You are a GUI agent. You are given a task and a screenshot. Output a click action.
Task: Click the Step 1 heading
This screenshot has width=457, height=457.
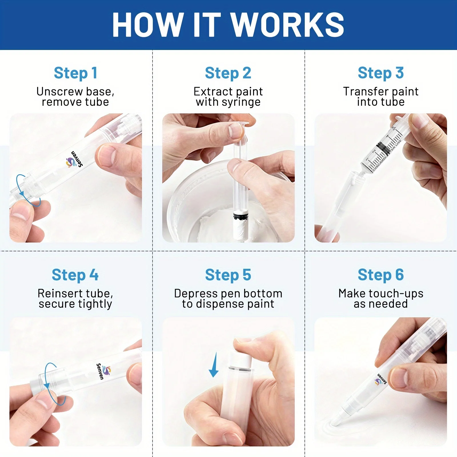tap(76, 73)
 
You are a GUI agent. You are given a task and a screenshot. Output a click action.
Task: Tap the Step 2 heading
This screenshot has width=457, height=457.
tap(228, 73)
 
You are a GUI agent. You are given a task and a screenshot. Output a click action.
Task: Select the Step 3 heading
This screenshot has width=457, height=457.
tap(381, 73)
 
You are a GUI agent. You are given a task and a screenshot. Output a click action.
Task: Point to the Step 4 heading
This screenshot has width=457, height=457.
tap(75, 275)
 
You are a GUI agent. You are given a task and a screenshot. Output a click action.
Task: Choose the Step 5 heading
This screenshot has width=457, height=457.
tap(228, 275)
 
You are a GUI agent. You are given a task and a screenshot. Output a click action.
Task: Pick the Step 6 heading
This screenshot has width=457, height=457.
tap(381, 275)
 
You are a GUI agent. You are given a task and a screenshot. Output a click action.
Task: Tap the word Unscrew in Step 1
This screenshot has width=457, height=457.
tap(59, 92)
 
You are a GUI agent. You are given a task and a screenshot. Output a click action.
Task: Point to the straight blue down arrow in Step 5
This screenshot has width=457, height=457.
tap(214, 365)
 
